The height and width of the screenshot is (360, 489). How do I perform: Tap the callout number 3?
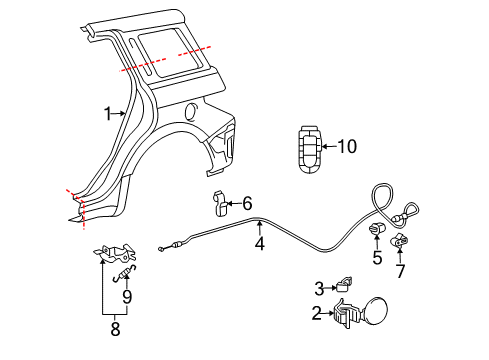click(319, 287)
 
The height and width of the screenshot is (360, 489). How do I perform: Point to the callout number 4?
click(259, 241)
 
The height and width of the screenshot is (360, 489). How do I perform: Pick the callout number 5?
click(377, 259)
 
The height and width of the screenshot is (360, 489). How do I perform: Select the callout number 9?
click(127, 296)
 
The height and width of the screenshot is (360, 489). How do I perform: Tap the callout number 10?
click(346, 146)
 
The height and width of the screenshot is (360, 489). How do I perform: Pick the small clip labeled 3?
click(345, 284)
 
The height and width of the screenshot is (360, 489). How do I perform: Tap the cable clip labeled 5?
click(378, 233)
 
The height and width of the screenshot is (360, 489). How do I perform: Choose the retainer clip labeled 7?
click(401, 242)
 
